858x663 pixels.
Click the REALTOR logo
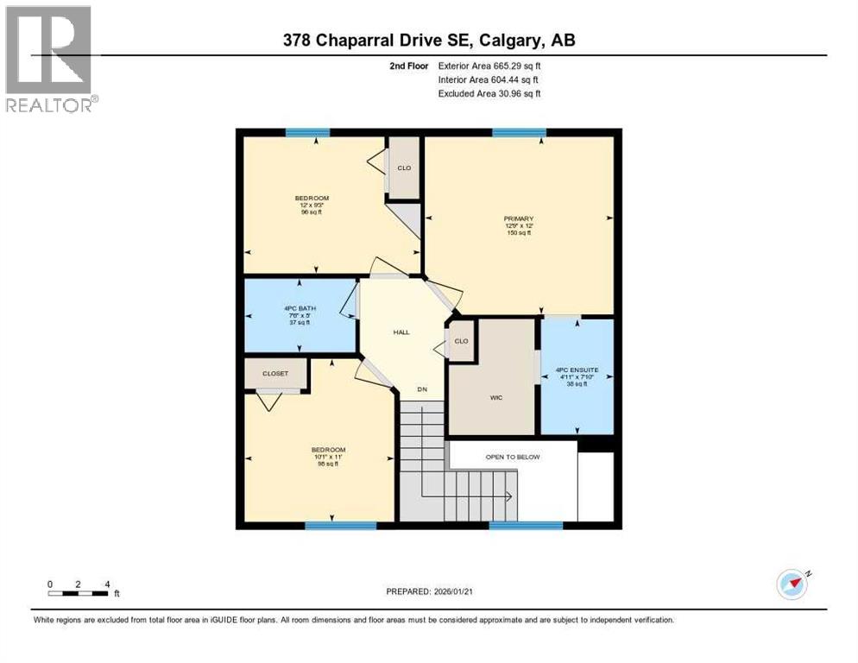[x=50, y=59]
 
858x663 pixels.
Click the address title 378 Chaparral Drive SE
[x=428, y=40]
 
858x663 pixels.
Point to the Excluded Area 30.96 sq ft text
[x=489, y=93]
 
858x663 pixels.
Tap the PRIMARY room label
[x=519, y=225]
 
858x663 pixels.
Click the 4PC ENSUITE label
[x=577, y=376]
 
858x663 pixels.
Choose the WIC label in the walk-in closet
[x=495, y=398]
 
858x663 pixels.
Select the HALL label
[x=401, y=331]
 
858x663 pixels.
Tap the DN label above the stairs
[x=422, y=389]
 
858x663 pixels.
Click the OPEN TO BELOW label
[x=512, y=457]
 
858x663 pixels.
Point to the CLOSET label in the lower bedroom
[x=276, y=374]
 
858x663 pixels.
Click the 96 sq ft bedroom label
[x=312, y=205]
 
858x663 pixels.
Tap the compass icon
[x=792, y=584]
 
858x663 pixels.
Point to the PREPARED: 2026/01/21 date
[x=431, y=591]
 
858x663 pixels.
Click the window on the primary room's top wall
[x=519, y=133]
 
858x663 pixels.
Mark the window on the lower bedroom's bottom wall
[x=329, y=525]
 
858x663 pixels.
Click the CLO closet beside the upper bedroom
[x=404, y=167]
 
